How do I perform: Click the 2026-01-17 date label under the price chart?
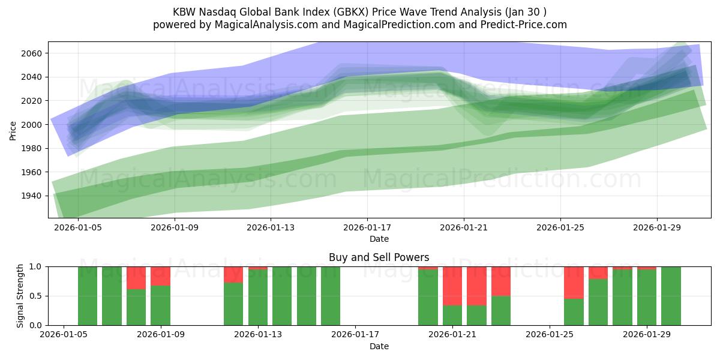[x=367, y=227]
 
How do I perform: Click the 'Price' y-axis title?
[x=13, y=130]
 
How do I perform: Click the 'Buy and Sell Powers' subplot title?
[x=379, y=257]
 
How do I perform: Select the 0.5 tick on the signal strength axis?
[x=35, y=296]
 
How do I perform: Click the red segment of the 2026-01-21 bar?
[x=452, y=286]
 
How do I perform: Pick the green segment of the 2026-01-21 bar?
[x=452, y=315]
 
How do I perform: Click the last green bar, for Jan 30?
[x=671, y=296]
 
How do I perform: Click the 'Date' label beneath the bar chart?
[x=379, y=346]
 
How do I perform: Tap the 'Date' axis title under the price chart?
[x=379, y=239]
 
